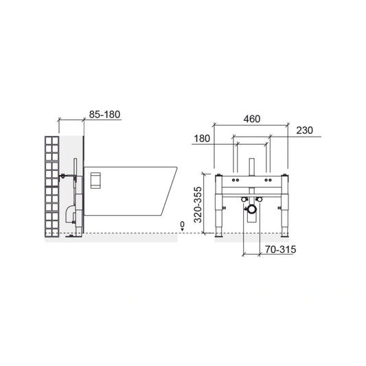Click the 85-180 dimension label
[104, 115]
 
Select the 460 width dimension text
[251, 119]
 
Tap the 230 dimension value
[304, 130]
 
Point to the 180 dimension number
[202, 139]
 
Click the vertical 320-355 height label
[198, 205]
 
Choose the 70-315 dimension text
[280, 249]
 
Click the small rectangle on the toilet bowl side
[95, 180]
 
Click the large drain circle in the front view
[251, 209]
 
